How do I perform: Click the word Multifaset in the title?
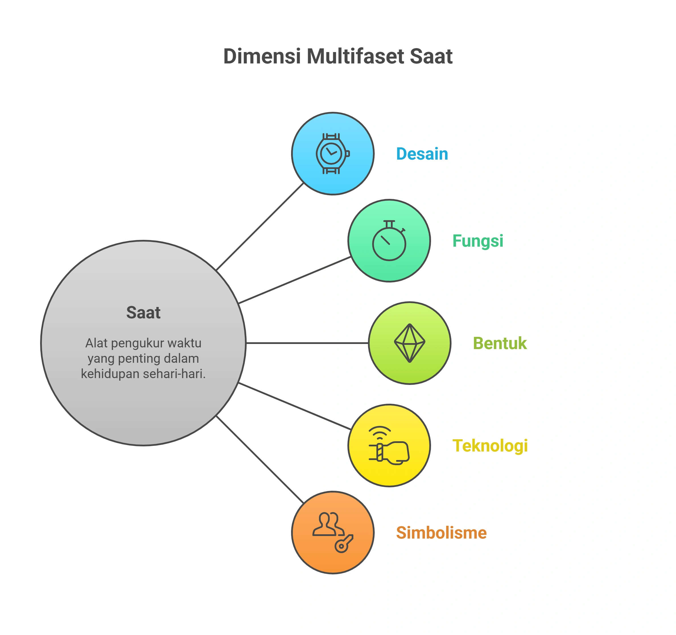(x=356, y=56)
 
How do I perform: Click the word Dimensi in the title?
(x=262, y=56)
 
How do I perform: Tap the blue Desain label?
(x=422, y=154)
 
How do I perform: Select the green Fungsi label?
(x=477, y=241)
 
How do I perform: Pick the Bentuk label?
(x=500, y=343)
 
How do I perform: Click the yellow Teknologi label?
(x=490, y=446)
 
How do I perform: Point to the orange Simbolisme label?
(x=441, y=533)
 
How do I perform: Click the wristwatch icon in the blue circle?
(x=333, y=154)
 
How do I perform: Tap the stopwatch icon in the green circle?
(x=389, y=241)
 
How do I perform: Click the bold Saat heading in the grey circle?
(x=143, y=313)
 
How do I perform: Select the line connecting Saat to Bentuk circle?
(x=307, y=343)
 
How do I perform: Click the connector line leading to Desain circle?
(x=260, y=227)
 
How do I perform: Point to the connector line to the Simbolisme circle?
(x=260, y=459)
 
